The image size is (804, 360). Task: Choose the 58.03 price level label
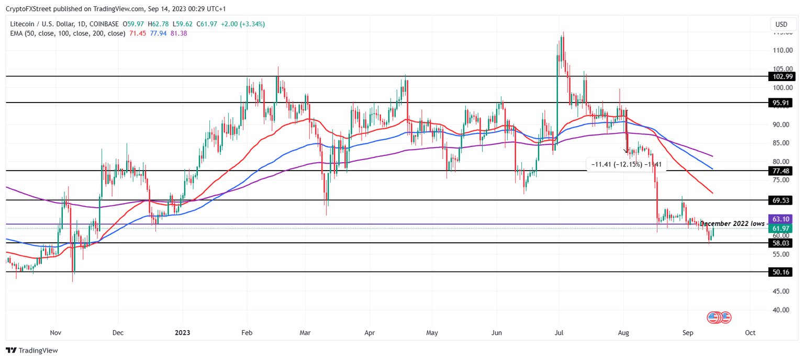click(x=781, y=243)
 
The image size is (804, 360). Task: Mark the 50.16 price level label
click(x=781, y=272)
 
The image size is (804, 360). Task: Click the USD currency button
click(x=781, y=25)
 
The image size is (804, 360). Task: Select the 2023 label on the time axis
click(x=182, y=333)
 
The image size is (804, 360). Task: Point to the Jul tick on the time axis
click(x=559, y=333)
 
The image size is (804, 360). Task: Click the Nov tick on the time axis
click(x=55, y=333)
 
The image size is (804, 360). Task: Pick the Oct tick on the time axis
click(x=750, y=333)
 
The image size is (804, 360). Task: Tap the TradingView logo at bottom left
click(x=32, y=351)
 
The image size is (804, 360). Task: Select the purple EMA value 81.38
click(x=178, y=33)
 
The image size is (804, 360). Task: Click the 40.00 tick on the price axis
click(x=781, y=310)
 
